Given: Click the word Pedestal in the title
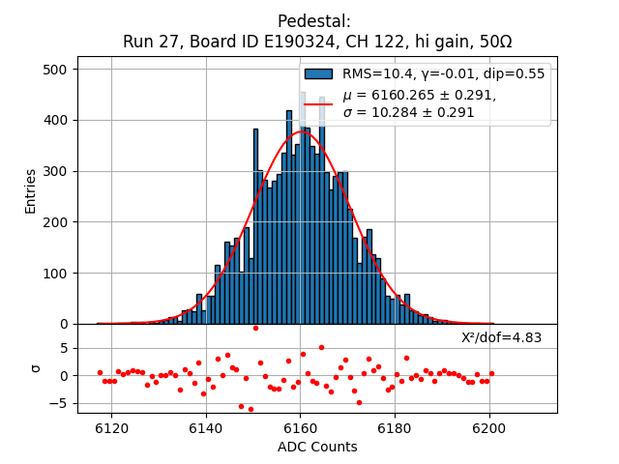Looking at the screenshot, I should [314, 21].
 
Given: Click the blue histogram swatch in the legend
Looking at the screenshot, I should [318, 74].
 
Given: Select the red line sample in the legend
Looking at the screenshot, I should [318, 103].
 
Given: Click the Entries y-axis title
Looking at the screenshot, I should [31, 190].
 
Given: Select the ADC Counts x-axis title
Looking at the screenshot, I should [317, 447].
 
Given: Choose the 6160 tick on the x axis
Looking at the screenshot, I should [300, 427].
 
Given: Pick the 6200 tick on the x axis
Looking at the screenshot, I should [488, 427].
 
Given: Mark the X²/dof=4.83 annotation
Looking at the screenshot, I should [501, 338].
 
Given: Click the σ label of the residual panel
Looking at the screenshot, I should [36, 368].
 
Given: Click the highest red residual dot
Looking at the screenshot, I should [255, 328].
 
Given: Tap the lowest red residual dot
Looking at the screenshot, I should [251, 409].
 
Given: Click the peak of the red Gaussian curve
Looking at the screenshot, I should [300, 132].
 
